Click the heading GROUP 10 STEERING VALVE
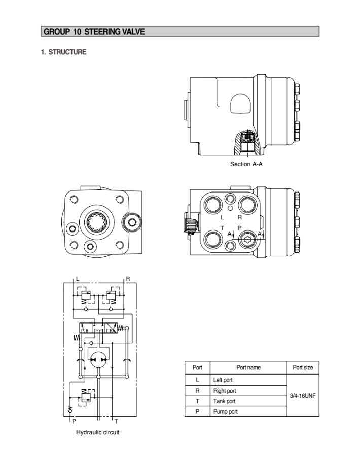[x=94, y=32]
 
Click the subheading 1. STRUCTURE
[x=63, y=52]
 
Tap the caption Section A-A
[x=246, y=164]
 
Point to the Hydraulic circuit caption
[x=98, y=432]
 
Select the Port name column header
[x=248, y=367]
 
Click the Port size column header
[x=303, y=367]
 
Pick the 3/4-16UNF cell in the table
[x=303, y=396]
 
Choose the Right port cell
[x=225, y=391]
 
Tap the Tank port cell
[x=224, y=401]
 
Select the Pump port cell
[x=225, y=412]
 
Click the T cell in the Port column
[x=197, y=401]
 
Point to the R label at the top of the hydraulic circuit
[x=128, y=279]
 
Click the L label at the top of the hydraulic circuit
[x=78, y=279]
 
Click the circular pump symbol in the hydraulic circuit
[x=97, y=359]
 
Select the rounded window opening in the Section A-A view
[x=240, y=104]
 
